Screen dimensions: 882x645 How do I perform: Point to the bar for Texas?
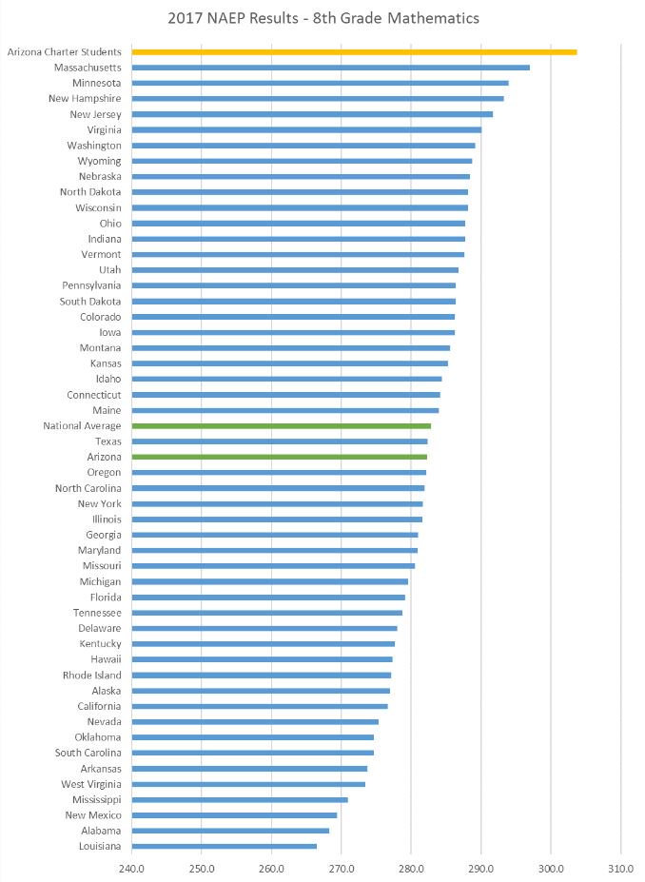(279, 441)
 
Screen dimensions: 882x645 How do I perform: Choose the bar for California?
(259, 706)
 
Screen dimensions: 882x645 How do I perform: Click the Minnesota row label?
(97, 83)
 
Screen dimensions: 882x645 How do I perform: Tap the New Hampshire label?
(85, 98)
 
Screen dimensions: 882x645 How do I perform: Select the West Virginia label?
(91, 784)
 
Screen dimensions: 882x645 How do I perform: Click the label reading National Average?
(82, 425)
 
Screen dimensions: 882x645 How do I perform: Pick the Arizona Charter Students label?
(64, 51)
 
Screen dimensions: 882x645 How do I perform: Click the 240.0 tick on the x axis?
(131, 867)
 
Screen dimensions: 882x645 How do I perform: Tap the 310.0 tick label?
(620, 867)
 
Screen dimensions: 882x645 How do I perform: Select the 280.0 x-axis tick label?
(411, 867)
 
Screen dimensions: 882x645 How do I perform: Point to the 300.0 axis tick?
(551, 867)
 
